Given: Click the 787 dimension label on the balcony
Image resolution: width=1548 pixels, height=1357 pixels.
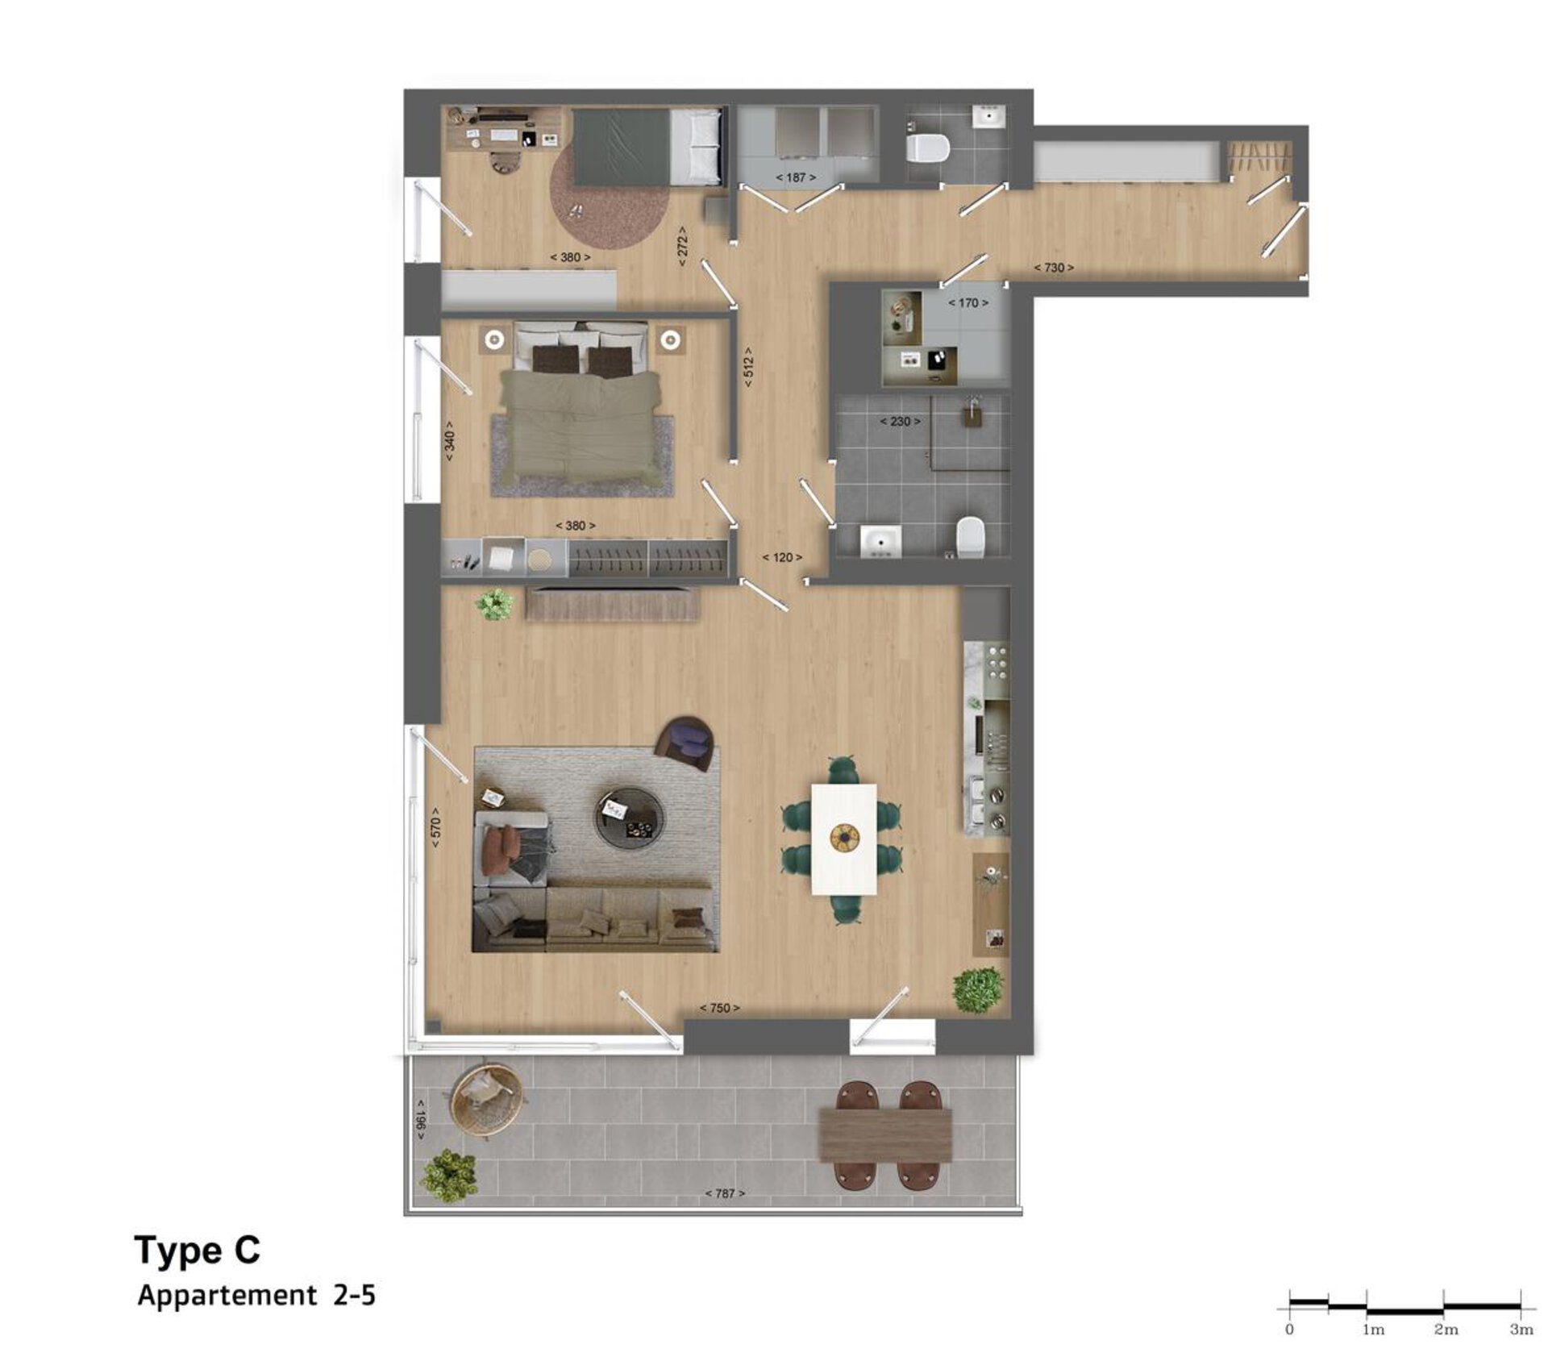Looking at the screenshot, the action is [725, 1193].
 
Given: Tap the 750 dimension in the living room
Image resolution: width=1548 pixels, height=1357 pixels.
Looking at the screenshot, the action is [719, 1008].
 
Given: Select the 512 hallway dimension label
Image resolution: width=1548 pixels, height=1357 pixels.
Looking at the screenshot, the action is [749, 368].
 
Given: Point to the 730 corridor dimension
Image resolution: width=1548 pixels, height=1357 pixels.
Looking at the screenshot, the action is [1054, 268].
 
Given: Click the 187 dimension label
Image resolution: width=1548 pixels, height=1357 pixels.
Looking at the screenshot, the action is [796, 177].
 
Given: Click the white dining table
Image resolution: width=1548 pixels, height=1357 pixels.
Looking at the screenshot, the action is [844, 839].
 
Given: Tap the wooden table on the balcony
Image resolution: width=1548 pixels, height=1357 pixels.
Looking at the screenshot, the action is [885, 1134].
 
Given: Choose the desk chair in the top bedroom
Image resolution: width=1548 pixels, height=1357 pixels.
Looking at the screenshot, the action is [506, 161].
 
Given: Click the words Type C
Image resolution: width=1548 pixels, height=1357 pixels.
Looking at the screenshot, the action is [198, 1251].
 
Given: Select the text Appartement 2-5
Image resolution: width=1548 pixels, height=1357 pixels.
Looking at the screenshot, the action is [256, 1296].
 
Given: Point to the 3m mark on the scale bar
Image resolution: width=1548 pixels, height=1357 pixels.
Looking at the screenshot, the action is [1521, 1330].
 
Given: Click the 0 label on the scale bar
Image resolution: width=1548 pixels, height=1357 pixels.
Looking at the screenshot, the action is [1289, 1330].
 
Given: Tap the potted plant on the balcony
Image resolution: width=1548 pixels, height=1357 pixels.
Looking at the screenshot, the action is [448, 1176].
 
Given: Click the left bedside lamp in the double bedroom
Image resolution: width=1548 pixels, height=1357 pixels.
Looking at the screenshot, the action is [493, 340].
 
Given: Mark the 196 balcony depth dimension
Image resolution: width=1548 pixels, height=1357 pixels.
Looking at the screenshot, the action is [420, 1119].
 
